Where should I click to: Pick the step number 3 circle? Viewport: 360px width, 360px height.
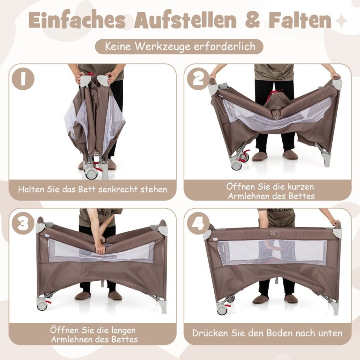coord(23,224)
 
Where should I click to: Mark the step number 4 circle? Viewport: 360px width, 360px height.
coord(198,224)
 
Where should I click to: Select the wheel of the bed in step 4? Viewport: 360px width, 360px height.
coord(222,310)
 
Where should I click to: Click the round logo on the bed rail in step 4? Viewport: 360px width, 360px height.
coord(272,234)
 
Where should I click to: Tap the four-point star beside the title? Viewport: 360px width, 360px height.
coord(342,21)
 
